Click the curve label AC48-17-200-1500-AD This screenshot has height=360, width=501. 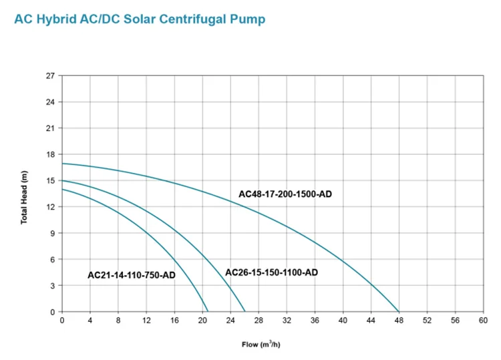(x=285, y=194)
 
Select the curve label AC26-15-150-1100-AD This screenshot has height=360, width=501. (x=271, y=273)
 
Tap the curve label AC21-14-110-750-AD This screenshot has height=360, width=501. (x=131, y=275)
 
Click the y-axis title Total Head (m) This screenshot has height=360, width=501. (x=24, y=198)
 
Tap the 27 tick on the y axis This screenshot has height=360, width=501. (x=50, y=75)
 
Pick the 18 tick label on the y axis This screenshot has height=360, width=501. (x=50, y=154)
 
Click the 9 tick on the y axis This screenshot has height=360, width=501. (x=52, y=233)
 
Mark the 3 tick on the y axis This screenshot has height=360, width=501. (x=52, y=285)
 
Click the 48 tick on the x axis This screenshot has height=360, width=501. (x=399, y=321)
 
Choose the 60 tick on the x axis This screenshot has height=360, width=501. (x=484, y=321)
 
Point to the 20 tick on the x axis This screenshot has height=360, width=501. (x=202, y=321)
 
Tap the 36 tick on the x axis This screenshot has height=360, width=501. (x=315, y=321)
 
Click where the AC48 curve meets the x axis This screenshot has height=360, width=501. (x=399, y=311)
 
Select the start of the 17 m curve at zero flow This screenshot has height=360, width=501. (x=62, y=163)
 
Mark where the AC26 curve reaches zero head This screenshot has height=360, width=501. (x=245, y=311)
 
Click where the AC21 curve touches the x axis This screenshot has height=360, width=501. (x=208, y=311)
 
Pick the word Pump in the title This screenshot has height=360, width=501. (x=247, y=19)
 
